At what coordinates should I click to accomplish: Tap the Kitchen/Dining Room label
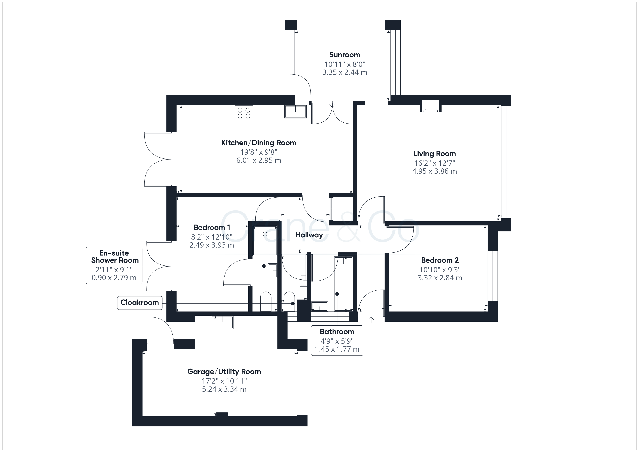(x=258, y=143)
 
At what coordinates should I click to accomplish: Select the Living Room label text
(x=435, y=154)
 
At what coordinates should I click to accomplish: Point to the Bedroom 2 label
(x=440, y=260)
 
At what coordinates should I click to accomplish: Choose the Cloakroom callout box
(x=140, y=303)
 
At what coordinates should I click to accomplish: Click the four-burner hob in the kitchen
(x=244, y=113)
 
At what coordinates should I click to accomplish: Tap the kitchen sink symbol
(x=295, y=112)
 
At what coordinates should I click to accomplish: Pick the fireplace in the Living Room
(x=431, y=106)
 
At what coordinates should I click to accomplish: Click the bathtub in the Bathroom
(x=343, y=284)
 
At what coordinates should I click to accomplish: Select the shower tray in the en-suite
(x=265, y=241)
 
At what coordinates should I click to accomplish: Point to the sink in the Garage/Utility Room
(x=222, y=322)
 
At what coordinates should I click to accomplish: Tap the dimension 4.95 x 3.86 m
(x=435, y=171)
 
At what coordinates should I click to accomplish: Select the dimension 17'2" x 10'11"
(x=224, y=381)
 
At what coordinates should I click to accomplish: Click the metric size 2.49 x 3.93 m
(x=212, y=245)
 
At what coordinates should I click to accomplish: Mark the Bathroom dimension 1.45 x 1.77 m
(x=337, y=349)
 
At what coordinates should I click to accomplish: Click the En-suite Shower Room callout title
(x=115, y=257)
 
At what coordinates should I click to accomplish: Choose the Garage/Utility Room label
(x=224, y=372)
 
